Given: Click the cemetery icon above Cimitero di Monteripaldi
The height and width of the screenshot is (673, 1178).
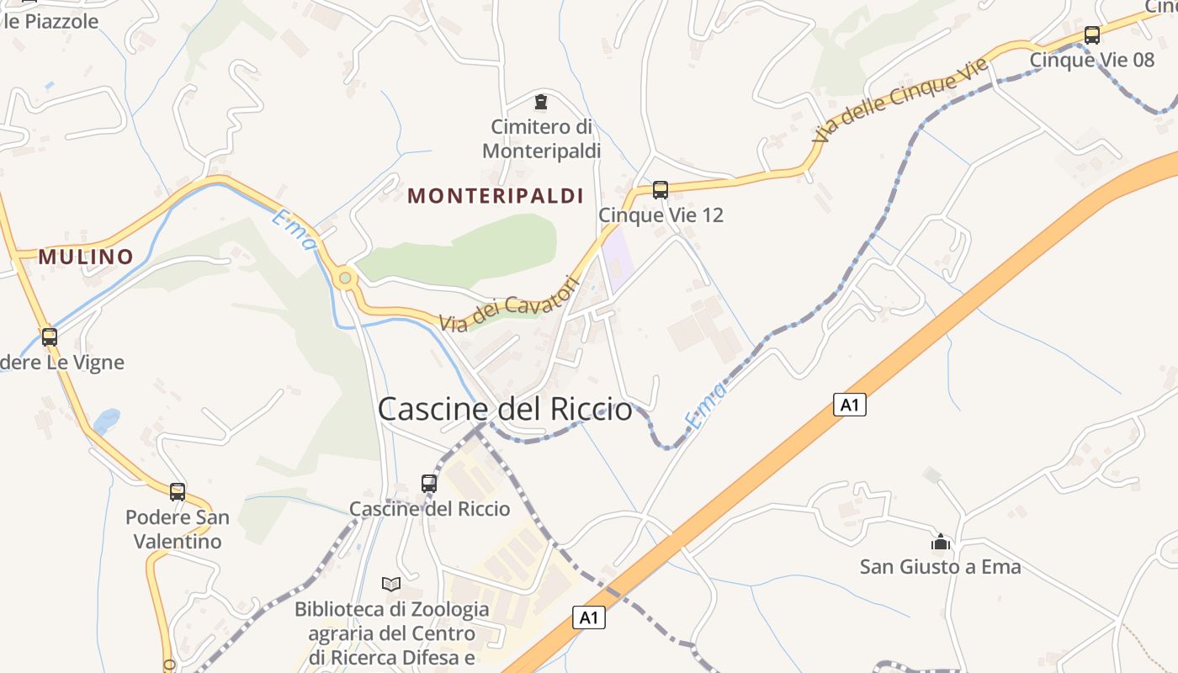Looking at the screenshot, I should [540, 103].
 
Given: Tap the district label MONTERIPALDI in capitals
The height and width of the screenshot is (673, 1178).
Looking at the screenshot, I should [496, 196].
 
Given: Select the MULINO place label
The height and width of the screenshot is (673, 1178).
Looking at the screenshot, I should [86, 257].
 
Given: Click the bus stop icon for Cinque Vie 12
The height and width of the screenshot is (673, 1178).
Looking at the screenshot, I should [661, 190].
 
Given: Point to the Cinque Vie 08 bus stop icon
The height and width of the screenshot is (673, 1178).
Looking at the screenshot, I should [1092, 35].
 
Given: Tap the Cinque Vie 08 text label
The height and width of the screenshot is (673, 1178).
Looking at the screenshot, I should [1092, 60].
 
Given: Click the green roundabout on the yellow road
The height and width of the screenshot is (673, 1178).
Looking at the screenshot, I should [344, 277].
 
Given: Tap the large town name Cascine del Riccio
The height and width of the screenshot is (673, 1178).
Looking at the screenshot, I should [505, 410].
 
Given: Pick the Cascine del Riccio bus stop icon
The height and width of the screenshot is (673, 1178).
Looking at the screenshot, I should [429, 484].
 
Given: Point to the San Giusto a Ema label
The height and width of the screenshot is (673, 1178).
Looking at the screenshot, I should [941, 567].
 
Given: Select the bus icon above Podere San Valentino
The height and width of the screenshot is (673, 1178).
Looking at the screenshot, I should [178, 492].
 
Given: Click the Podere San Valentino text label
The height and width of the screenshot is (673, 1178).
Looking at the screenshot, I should [178, 528].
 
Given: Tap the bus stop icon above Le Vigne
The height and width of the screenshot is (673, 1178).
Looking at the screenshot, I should [50, 337].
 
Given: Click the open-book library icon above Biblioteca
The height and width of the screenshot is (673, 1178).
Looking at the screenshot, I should [391, 584].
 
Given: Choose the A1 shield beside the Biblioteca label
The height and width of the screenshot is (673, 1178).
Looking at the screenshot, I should [589, 617].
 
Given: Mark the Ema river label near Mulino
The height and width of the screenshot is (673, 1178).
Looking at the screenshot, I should [294, 229].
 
